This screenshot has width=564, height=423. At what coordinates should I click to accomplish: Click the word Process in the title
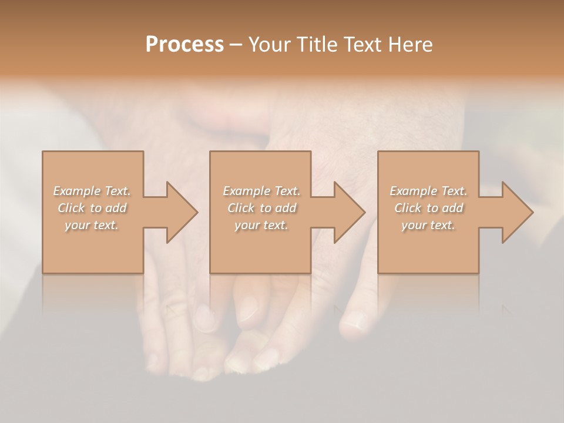click(x=184, y=45)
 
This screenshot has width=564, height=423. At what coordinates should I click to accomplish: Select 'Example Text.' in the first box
click(x=92, y=191)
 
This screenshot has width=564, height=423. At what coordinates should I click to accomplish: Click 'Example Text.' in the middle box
click(x=261, y=191)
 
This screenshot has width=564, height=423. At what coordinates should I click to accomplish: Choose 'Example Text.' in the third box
click(x=428, y=191)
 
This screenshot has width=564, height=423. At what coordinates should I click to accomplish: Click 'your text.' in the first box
click(x=92, y=225)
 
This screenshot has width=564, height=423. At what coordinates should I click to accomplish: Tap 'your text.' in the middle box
click(x=261, y=225)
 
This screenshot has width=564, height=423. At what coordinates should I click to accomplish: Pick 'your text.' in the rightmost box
click(x=428, y=225)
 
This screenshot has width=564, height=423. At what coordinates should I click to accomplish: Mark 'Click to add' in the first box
click(x=92, y=208)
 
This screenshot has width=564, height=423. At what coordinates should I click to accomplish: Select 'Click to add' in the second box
click(x=261, y=208)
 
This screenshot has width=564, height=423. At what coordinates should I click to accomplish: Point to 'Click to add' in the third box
click(x=428, y=208)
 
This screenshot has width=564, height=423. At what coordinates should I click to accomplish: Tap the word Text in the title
click(x=360, y=45)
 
